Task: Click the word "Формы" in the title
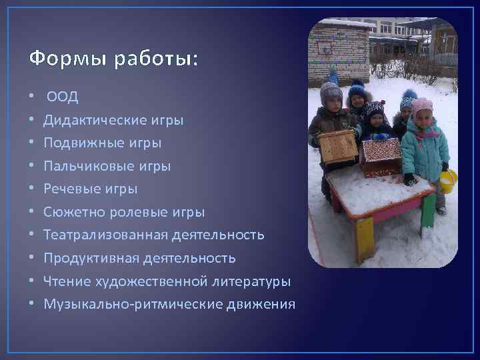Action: pos(61,59)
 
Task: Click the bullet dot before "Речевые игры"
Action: pos(33,189)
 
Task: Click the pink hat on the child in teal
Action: pos(422,105)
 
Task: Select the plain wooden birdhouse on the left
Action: pos(339,146)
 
